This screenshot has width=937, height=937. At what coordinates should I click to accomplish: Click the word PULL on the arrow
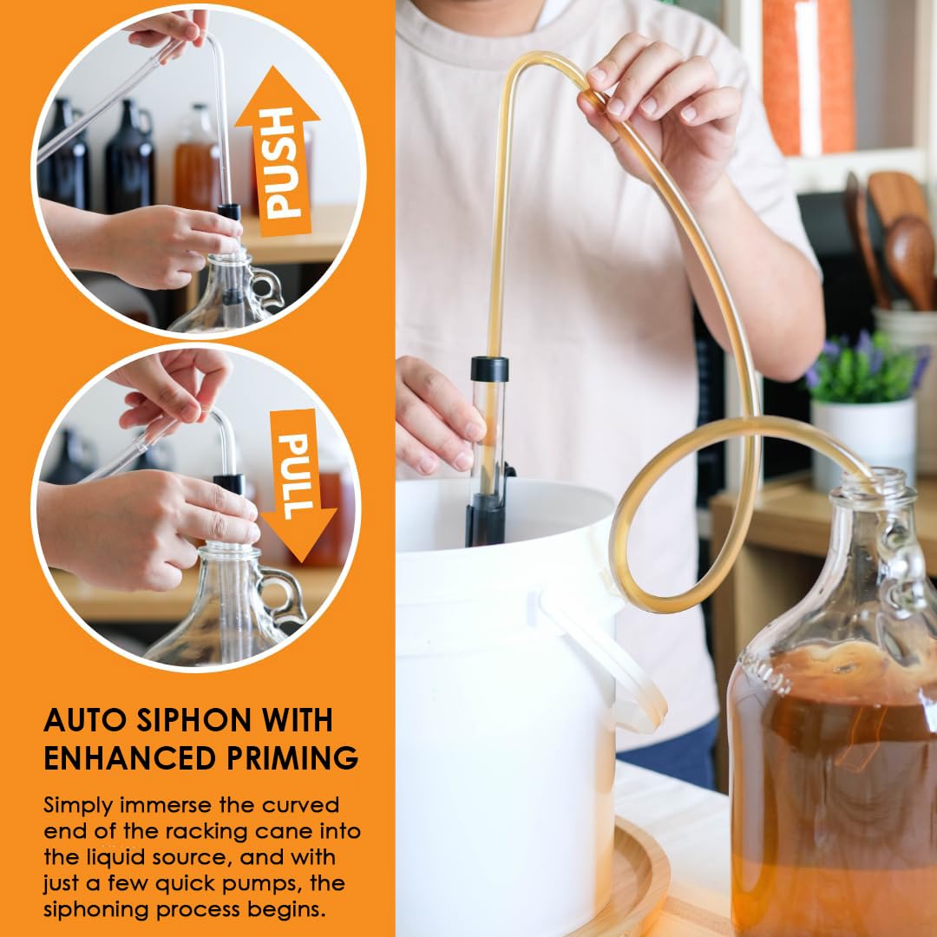pos(295,476)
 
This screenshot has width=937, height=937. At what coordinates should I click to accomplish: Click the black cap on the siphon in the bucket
pos(489,369)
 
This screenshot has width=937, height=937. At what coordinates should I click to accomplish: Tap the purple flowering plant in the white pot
pos(863,368)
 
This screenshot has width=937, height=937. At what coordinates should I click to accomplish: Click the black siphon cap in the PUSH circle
pos(229,212)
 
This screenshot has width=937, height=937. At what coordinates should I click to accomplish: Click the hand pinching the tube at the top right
pos(658,108)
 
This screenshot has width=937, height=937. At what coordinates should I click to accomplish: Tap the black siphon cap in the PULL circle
pos(229,483)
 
